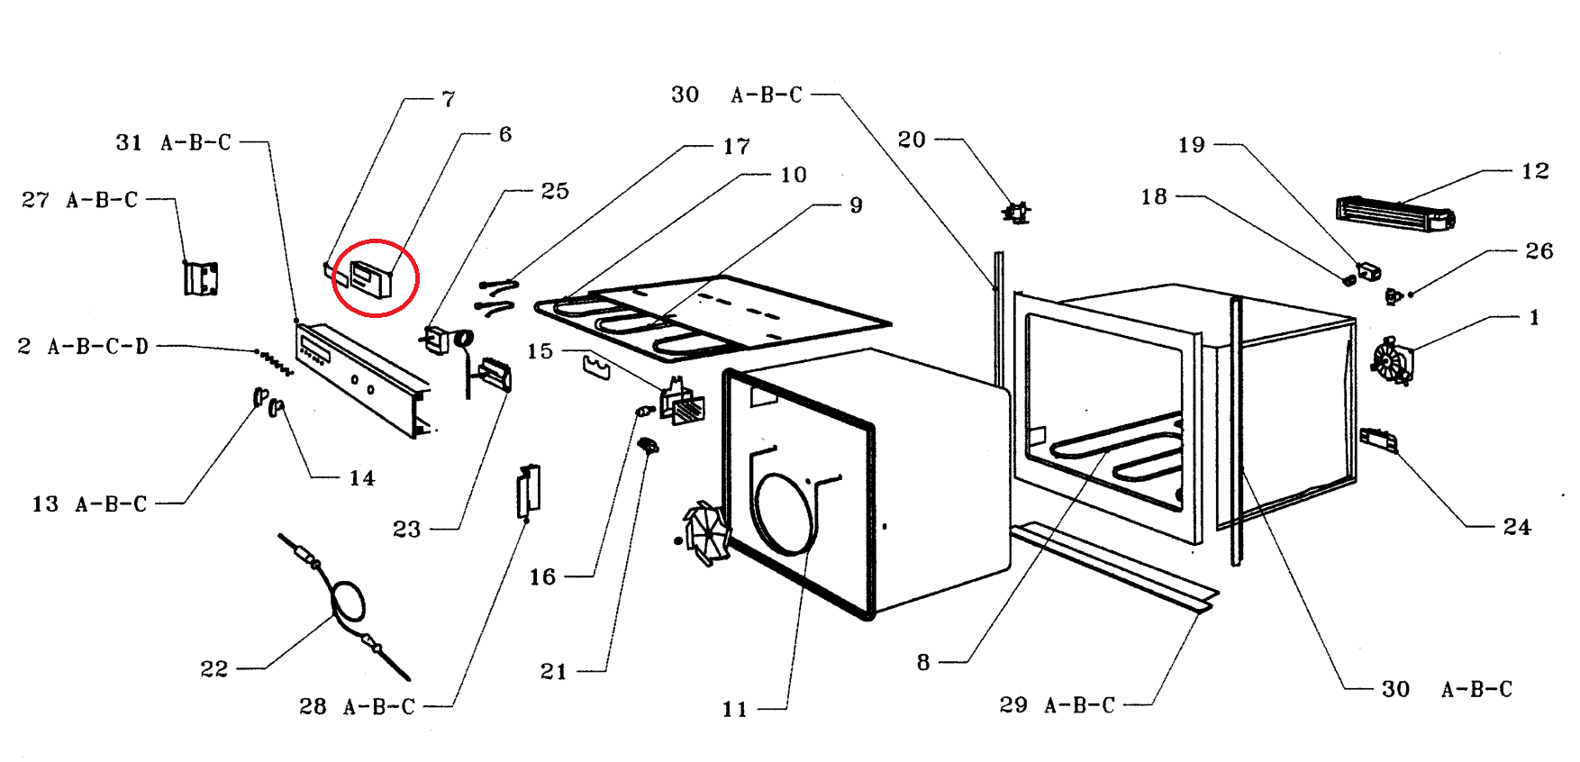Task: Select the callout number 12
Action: (x=1535, y=171)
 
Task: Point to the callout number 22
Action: (x=213, y=669)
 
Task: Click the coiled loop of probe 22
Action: (x=349, y=602)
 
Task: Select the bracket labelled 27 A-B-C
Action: (x=201, y=278)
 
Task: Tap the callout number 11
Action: (x=734, y=710)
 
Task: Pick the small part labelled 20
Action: (x=1016, y=213)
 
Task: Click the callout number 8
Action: (x=923, y=663)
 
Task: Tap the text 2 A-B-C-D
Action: (x=83, y=347)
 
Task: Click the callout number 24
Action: (x=1517, y=527)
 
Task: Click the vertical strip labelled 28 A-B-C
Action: (x=528, y=492)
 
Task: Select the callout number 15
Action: (x=540, y=351)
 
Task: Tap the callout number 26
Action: (x=1539, y=251)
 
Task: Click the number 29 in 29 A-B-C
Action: (x=1013, y=705)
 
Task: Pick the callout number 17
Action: (x=736, y=147)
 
